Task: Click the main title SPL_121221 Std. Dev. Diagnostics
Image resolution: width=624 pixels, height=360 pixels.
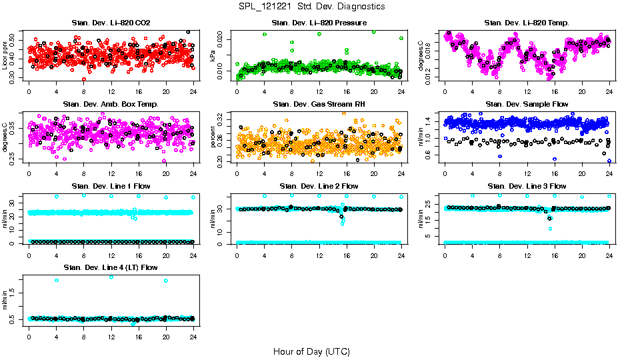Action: pos(311,7)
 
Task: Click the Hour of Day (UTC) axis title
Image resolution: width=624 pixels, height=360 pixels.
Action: pos(311,351)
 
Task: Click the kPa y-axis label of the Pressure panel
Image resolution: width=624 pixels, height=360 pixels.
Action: pos(213,57)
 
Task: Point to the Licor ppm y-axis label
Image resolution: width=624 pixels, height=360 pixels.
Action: pos(5,57)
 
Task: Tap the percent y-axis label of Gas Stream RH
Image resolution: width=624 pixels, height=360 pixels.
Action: pos(213,138)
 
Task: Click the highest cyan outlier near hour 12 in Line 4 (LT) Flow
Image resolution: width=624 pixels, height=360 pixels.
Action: pos(111,277)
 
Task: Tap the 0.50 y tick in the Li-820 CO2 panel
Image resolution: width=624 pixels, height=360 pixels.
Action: pos(15,34)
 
